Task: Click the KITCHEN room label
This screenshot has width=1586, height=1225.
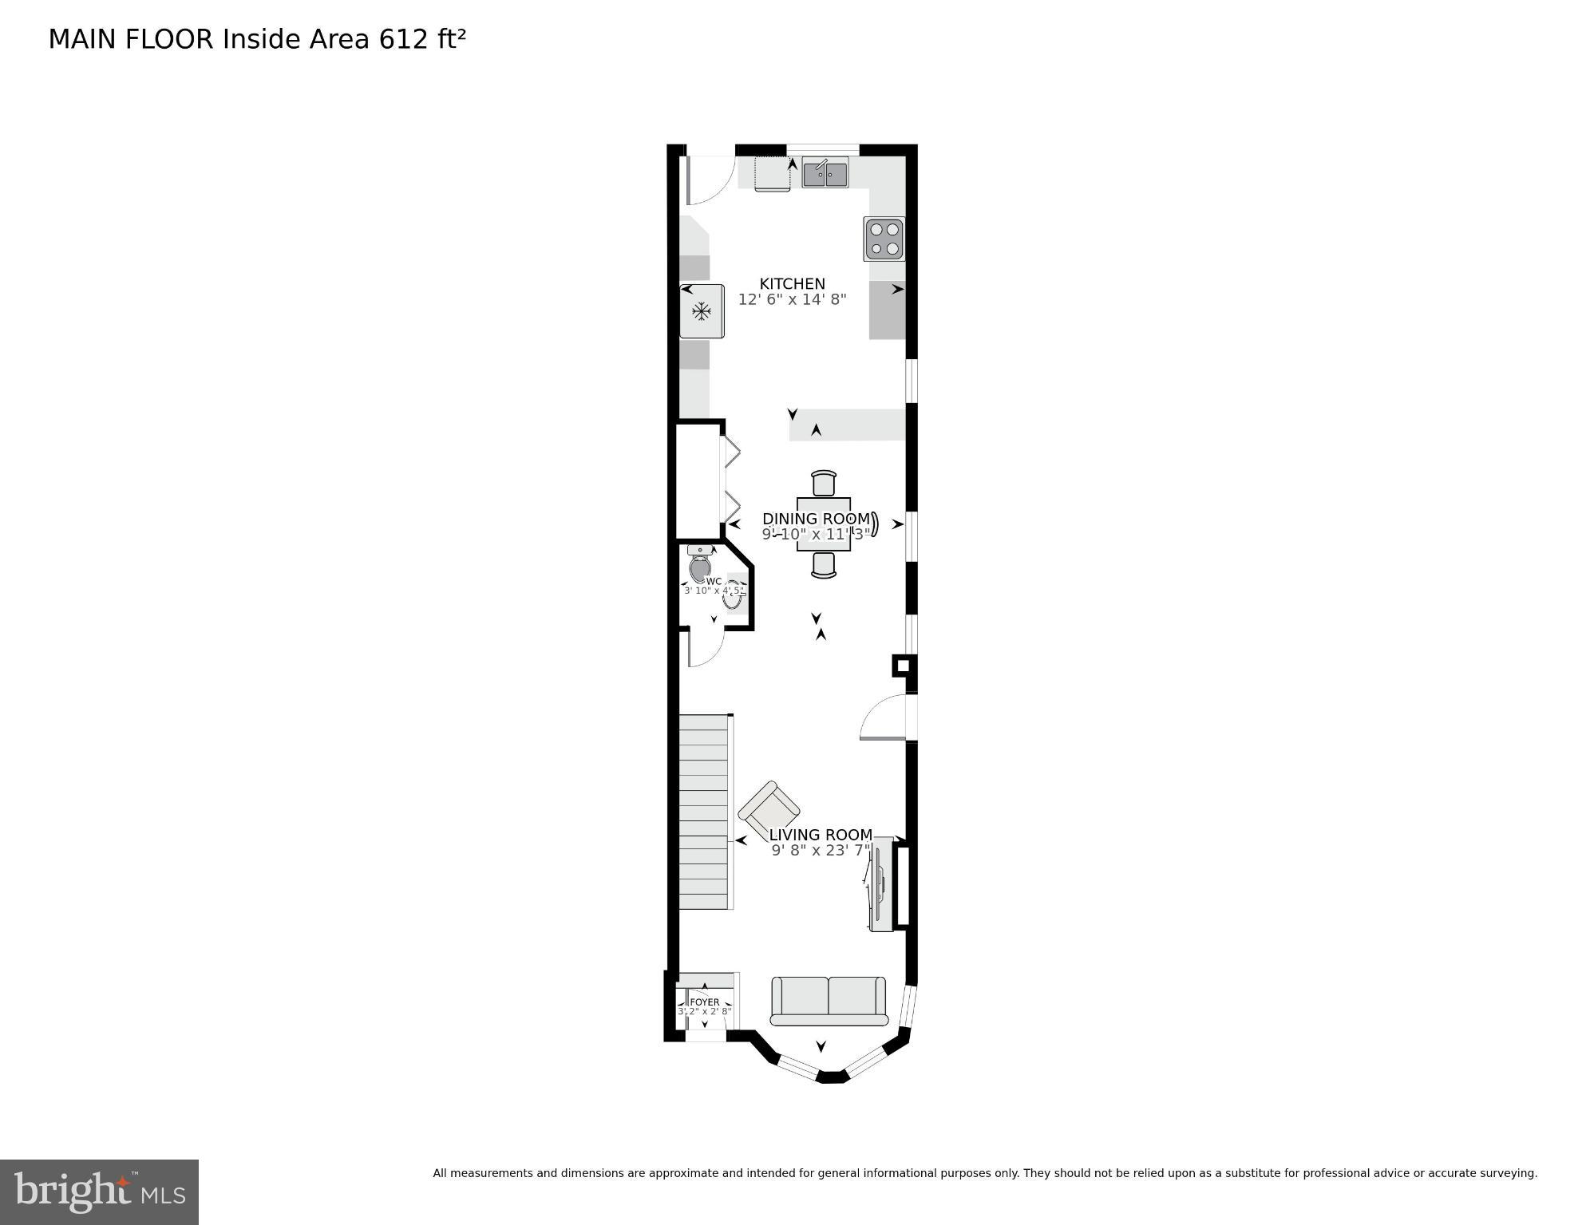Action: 792,283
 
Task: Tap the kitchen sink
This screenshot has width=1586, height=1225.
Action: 825,172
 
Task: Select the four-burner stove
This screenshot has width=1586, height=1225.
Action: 884,239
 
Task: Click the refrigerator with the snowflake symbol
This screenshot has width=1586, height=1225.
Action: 702,311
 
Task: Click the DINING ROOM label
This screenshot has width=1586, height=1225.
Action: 816,519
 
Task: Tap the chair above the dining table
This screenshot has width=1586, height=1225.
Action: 824,484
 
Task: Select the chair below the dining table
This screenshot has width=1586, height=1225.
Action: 824,564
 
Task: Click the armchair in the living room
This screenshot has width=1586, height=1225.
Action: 768,811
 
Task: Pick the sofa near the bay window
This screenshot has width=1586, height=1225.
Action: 829,1001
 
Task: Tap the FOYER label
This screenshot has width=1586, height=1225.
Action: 705,1002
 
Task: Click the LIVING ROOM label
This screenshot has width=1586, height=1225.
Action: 821,835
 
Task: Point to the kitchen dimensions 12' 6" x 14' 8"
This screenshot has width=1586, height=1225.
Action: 792,300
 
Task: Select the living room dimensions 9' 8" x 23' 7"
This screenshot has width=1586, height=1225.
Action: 821,851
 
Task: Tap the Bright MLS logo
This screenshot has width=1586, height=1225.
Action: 99,1191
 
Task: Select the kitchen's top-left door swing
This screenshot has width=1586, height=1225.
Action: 708,180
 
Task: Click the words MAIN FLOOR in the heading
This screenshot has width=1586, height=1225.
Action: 131,39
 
